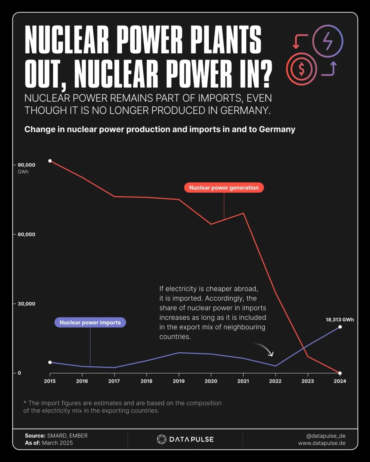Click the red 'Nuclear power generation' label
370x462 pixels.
click(224, 188)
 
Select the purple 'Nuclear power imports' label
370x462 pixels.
click(90, 322)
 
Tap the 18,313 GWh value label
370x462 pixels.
click(340, 320)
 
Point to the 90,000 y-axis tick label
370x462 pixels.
click(26, 165)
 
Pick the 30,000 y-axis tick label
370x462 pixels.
click(26, 303)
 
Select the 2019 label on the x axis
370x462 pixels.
click(179, 381)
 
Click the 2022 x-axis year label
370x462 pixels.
click(275, 381)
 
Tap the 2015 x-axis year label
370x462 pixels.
click(50, 381)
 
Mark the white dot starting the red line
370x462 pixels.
click(50, 161)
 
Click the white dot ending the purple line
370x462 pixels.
click(340, 327)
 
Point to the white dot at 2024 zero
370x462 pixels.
click(340, 373)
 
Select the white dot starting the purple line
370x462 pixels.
click(50, 362)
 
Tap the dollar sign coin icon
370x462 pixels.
click(301, 69)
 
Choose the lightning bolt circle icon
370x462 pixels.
click(328, 41)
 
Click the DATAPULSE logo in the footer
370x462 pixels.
click(185, 439)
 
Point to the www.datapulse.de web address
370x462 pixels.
click(322, 443)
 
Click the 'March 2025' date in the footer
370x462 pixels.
click(58, 443)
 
